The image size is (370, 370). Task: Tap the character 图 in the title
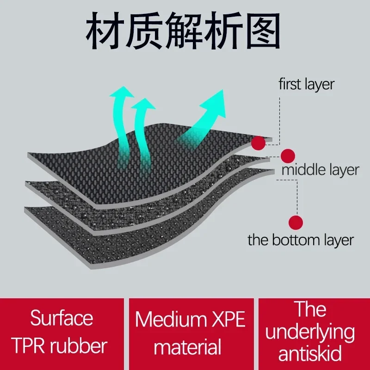click(x=262, y=31)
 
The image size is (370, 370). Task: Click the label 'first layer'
click(x=306, y=85)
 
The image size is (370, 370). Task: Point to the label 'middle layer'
click(x=321, y=170)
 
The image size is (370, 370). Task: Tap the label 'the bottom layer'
click(x=301, y=240)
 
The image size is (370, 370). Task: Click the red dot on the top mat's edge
click(x=259, y=143)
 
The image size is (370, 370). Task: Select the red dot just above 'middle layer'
click(x=288, y=156)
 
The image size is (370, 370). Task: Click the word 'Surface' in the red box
click(x=62, y=318)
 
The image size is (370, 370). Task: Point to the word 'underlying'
click(x=311, y=332)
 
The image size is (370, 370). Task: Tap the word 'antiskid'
click(x=311, y=354)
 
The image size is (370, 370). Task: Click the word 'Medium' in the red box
click(x=169, y=320)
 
